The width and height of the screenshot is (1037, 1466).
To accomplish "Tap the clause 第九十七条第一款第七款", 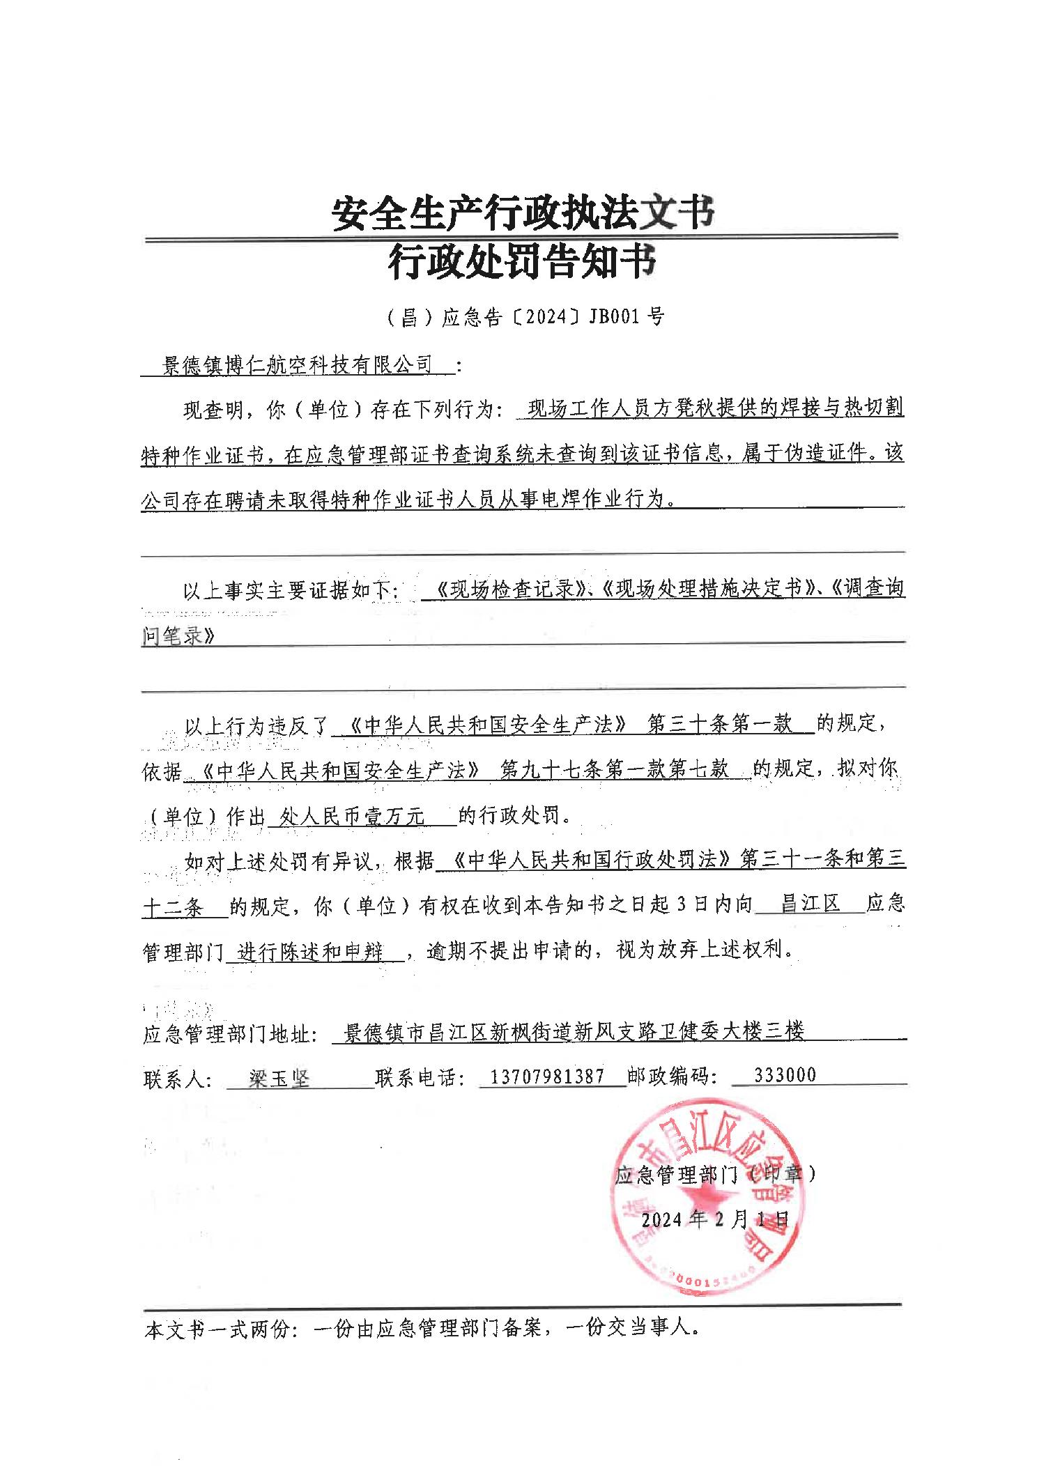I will point(615,769).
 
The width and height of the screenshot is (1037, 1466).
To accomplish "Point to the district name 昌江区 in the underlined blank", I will point(810,905).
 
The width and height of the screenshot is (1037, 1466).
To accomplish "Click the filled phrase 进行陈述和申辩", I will point(310,951).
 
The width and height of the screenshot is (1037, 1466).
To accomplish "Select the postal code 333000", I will point(784,1075).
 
